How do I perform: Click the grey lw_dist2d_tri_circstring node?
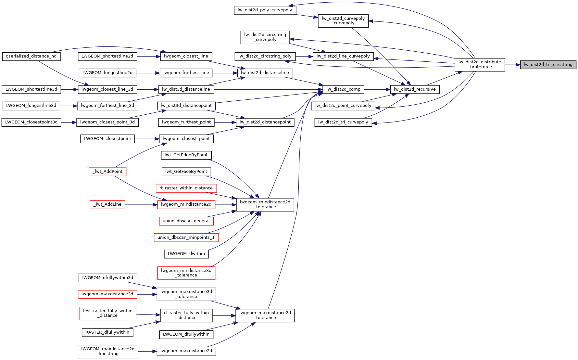[x=548, y=65]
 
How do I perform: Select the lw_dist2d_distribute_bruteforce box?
[x=480, y=64]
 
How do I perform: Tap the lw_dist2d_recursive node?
[x=415, y=89]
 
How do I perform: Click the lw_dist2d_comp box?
[x=343, y=89]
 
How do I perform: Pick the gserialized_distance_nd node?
[x=31, y=56]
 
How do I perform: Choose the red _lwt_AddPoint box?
[x=107, y=172]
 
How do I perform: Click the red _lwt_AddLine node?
[x=107, y=204]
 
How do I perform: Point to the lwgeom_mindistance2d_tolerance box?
[x=265, y=204]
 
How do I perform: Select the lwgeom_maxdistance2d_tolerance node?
[x=265, y=315]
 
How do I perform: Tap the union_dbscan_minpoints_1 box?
[x=186, y=238]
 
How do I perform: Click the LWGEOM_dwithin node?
[x=186, y=254]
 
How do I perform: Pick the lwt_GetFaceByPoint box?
[x=186, y=172]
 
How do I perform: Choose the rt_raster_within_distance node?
[x=186, y=188]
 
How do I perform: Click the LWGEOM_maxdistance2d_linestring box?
[x=107, y=351]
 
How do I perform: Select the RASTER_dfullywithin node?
[x=107, y=332]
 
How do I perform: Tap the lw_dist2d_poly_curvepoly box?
[x=265, y=10]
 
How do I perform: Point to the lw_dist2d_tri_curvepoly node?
[x=343, y=122]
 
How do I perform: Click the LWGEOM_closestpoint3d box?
[x=31, y=122]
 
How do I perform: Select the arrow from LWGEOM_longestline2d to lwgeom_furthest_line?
[x=148, y=73]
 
